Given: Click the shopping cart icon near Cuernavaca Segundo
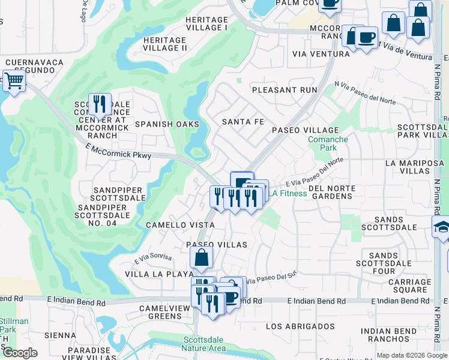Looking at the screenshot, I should coord(14,80).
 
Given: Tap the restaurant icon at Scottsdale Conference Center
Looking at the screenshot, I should coord(100,103).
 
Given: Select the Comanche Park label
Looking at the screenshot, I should coord(328,144).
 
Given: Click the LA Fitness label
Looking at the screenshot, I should coord(287,193).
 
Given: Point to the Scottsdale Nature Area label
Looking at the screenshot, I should coord(205,344).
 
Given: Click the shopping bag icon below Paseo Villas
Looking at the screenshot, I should coord(202,258).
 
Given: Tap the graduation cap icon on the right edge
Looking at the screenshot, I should coord(442,227).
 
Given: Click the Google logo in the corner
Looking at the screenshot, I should coord(19,353).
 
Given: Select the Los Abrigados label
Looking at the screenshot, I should coord(300,326).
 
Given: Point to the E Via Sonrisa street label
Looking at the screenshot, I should coord(153,258).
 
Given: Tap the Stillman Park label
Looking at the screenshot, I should coord(13,325).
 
